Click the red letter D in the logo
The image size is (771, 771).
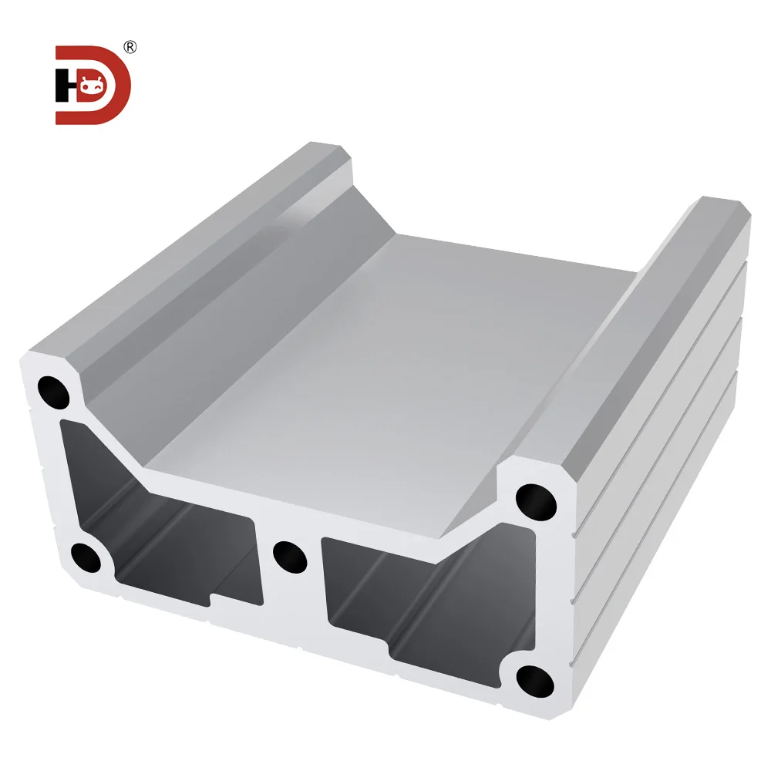pyautogui.click(x=116, y=85)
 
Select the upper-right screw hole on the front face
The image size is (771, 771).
pyautogui.click(x=536, y=501)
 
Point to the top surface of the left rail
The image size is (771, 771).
pyautogui.click(x=193, y=247)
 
